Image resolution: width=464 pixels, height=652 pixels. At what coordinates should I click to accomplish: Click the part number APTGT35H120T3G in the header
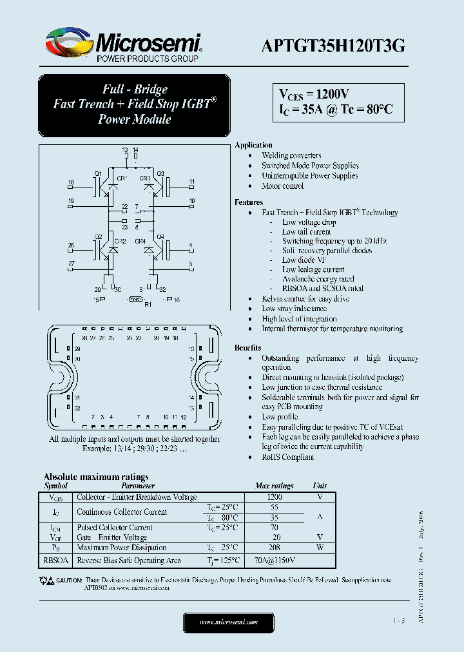[x=333, y=45]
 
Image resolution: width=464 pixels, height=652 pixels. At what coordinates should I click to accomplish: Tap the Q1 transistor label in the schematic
[x=98, y=174]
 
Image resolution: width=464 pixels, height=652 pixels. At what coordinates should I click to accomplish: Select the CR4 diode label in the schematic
[x=140, y=241]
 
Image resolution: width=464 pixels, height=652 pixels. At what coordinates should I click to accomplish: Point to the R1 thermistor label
[x=147, y=303]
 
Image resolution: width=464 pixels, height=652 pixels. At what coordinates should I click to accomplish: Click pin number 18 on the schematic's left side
[x=71, y=182]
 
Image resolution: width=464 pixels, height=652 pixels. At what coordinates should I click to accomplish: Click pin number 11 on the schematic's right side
[x=191, y=182]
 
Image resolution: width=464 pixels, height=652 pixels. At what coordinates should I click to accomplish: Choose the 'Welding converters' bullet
[x=291, y=155]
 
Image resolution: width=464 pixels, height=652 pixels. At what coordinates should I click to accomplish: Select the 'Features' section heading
[x=249, y=202]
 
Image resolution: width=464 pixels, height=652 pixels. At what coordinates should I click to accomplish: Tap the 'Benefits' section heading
[x=248, y=348]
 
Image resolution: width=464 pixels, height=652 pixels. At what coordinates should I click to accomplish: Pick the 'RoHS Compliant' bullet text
[x=287, y=457]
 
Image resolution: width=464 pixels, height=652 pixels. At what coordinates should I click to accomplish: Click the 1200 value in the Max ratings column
[x=274, y=497]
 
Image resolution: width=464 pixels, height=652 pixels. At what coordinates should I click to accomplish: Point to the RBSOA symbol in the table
[x=56, y=561]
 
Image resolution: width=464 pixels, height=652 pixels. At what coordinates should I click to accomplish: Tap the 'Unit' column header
[x=320, y=486]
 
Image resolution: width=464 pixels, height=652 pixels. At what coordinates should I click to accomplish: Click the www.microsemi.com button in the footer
[x=229, y=622]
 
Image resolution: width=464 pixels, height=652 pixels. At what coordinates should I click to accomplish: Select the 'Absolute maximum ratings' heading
[x=95, y=477]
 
